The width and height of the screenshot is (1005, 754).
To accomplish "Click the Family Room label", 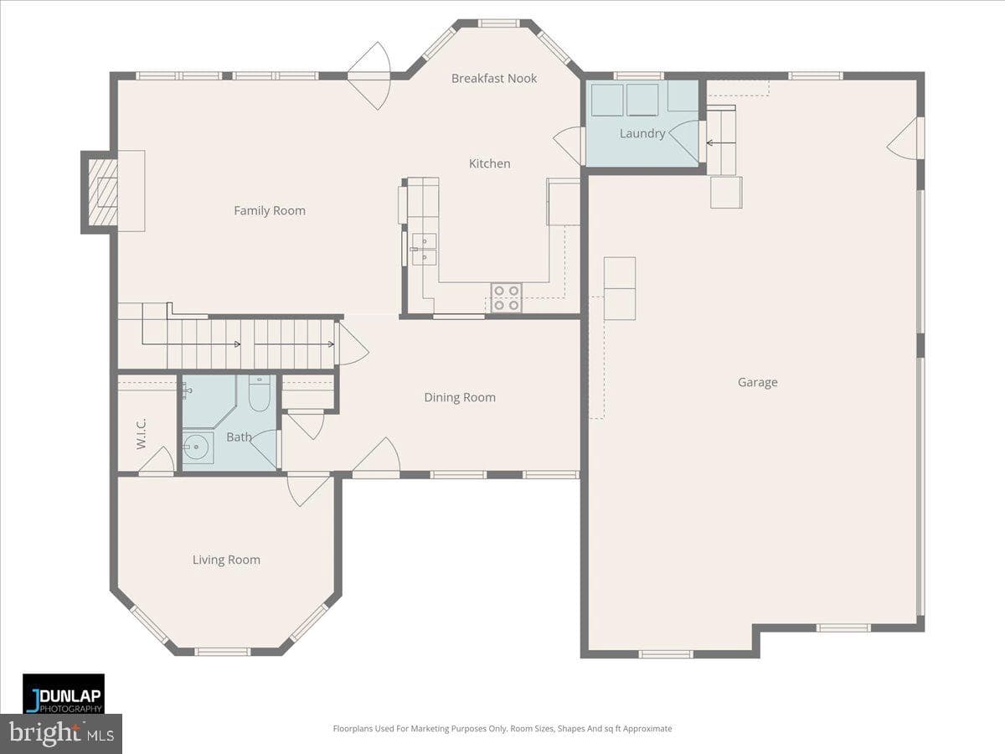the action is (270, 210).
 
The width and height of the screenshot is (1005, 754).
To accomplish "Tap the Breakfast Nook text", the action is (494, 78).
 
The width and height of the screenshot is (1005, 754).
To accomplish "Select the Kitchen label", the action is (489, 163).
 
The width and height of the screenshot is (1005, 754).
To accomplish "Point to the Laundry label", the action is (642, 134).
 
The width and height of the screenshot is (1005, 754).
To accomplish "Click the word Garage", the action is (757, 382).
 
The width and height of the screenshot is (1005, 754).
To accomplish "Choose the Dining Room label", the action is (460, 397).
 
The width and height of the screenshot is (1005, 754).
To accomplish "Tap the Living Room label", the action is (226, 560).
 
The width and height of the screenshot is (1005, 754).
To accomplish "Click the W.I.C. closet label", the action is (142, 433).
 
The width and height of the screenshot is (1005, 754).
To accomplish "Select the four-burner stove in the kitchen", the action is (507, 297).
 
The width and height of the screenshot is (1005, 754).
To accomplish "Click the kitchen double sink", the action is (424, 249).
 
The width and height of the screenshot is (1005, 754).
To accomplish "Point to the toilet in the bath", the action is (259, 393).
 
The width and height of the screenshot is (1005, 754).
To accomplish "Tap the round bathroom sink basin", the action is (197, 447).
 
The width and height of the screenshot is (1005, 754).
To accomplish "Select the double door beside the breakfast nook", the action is (369, 76).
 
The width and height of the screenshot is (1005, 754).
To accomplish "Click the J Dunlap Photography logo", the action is (64, 694).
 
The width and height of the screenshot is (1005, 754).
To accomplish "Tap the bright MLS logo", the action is (61, 733).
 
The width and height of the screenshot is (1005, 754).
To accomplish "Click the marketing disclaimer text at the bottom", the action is (502, 728).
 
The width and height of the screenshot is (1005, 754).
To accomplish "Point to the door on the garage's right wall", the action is (905, 139).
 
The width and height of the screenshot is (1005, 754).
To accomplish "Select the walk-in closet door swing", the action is (157, 460).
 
